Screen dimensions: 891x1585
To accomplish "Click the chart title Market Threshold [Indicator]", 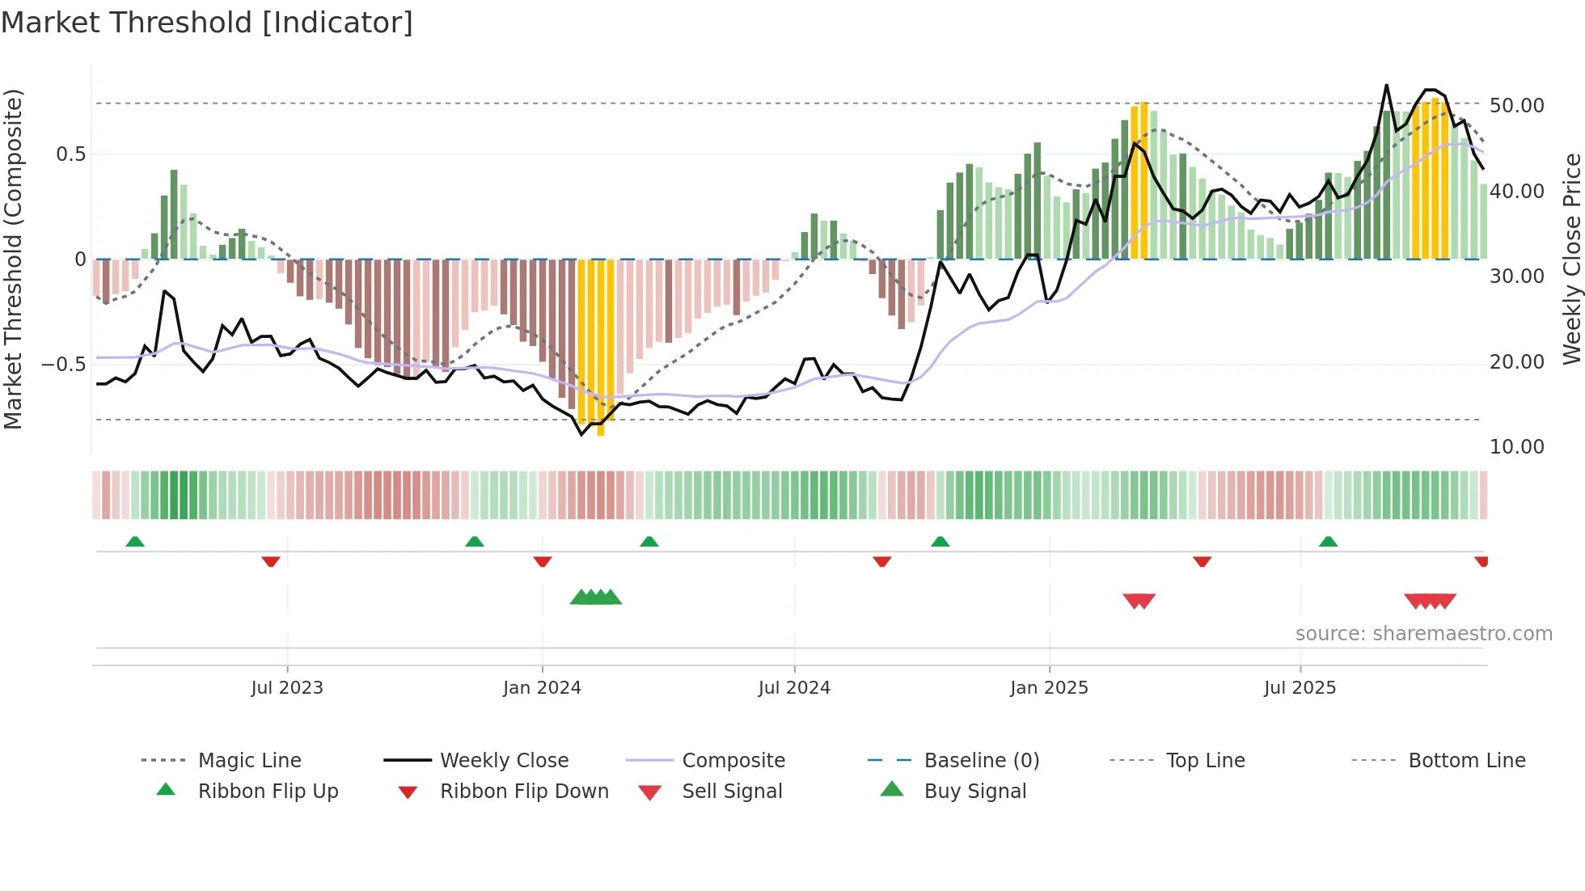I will (x=207, y=23).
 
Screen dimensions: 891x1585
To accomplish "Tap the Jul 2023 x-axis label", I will (x=287, y=688).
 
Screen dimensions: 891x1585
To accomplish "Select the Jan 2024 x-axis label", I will (x=542, y=688).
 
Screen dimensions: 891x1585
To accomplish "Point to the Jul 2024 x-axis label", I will (x=794, y=688).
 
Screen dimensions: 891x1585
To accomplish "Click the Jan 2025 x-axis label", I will (x=1049, y=688).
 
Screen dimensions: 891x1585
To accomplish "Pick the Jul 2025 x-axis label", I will (x=1300, y=688).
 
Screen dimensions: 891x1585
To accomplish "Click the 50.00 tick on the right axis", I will (x=1516, y=106).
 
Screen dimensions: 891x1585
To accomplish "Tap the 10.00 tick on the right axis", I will (x=1516, y=447).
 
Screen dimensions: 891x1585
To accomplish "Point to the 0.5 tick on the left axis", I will (x=70, y=154).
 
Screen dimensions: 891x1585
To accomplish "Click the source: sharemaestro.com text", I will (x=1423, y=634).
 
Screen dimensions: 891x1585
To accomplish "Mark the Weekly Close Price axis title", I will (x=1571, y=259).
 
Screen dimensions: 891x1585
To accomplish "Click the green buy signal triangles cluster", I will (x=596, y=598).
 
